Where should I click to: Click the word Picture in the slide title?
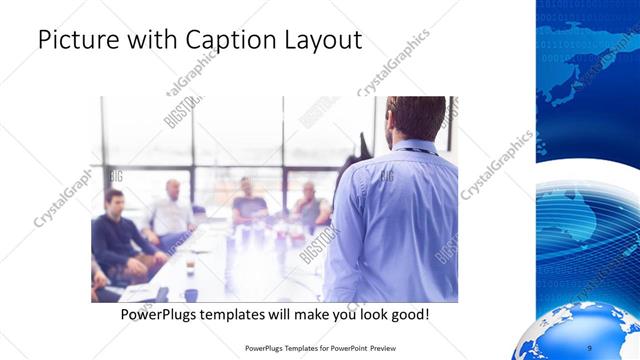[x=77, y=41]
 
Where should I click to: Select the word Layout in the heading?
[x=321, y=41]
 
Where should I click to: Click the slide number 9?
[x=589, y=348]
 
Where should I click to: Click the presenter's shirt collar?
[x=413, y=146]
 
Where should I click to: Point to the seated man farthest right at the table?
[x=311, y=205]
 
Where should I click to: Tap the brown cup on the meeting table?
[x=190, y=268]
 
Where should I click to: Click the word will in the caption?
[x=297, y=315]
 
